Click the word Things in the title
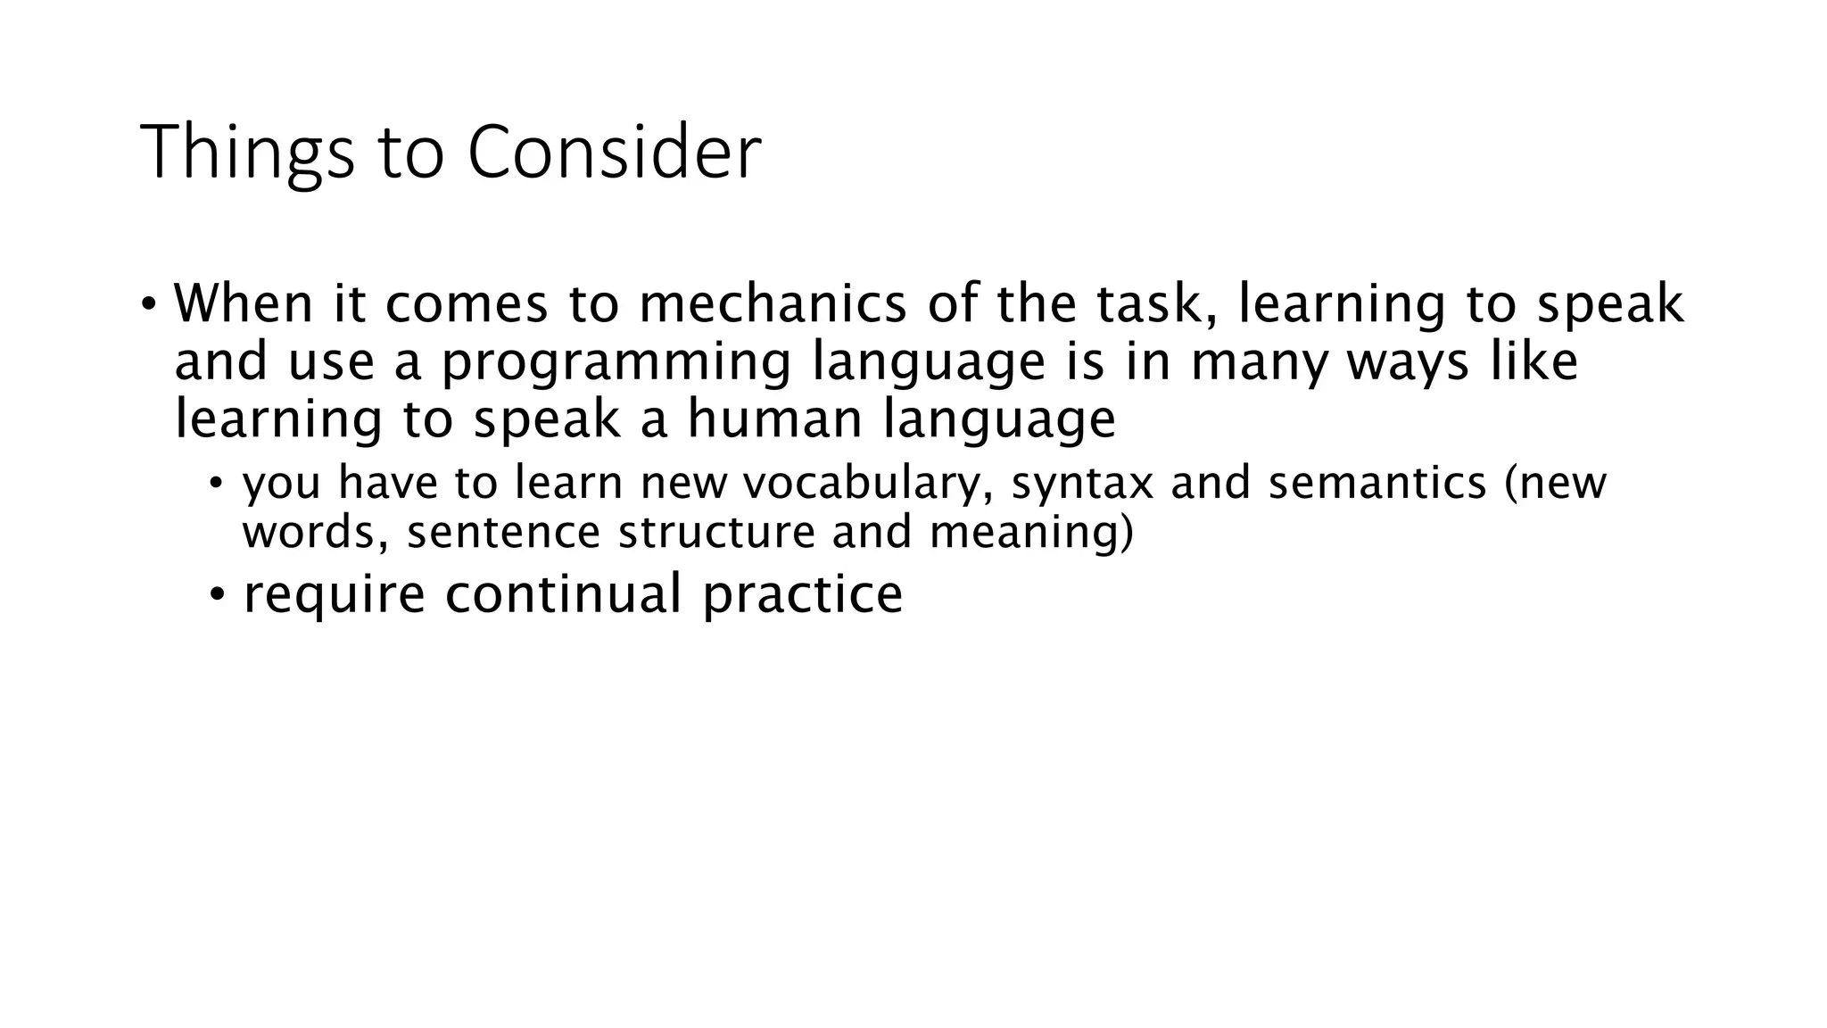coord(246,153)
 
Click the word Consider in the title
coord(614,153)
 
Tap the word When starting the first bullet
coord(243,303)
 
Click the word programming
coord(616,363)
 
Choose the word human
coord(774,419)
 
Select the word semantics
coord(1377,484)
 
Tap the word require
coord(334,594)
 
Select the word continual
coord(563,594)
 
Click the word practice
coord(802,596)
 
